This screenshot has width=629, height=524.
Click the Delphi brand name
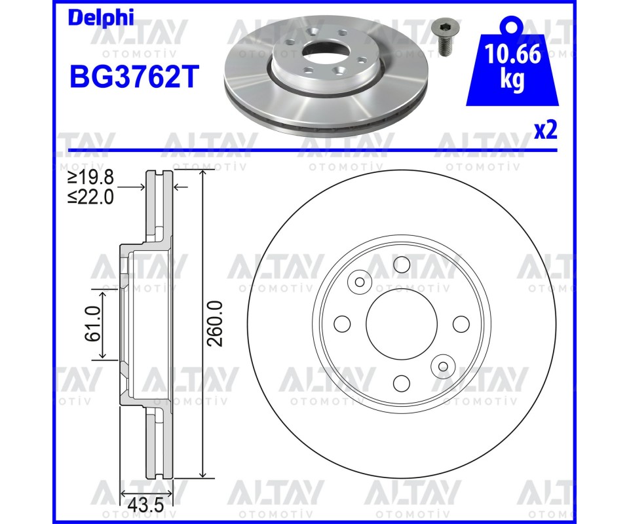click(x=101, y=18)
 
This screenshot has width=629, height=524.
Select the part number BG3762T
click(x=134, y=77)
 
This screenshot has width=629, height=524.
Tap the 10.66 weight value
click(x=512, y=54)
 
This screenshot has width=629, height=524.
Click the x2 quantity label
click(x=546, y=130)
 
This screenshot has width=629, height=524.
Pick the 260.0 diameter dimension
click(x=215, y=324)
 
